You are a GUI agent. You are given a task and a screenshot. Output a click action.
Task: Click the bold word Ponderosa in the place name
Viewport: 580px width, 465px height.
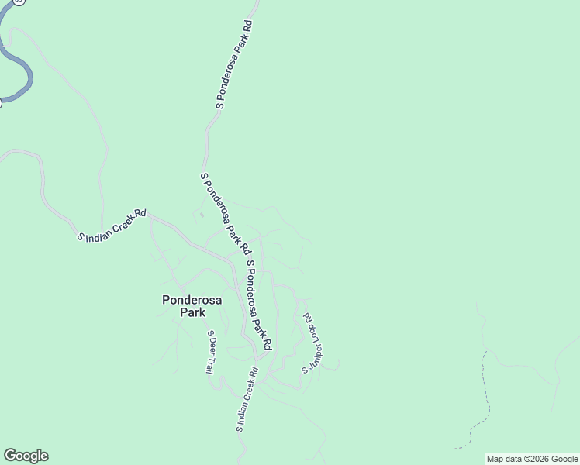pos(192,300)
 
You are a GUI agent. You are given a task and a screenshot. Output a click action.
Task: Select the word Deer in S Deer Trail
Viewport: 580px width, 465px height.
pos(209,348)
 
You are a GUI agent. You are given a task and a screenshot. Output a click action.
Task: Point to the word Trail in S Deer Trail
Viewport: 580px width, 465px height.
pos(209,365)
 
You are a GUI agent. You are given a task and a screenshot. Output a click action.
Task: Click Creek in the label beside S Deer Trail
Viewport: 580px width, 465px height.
pos(247,394)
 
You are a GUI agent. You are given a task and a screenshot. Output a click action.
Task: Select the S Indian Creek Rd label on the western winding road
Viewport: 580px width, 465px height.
pos(112,226)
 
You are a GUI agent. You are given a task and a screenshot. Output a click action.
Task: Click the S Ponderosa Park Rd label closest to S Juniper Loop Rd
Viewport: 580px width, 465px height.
pos(259,305)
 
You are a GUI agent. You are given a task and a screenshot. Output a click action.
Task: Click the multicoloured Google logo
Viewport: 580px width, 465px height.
pos(26,456)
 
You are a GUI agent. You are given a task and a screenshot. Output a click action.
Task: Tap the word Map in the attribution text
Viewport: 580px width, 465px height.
pos(495,459)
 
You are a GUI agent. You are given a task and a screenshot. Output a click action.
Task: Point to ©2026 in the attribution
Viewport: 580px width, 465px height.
pos(535,459)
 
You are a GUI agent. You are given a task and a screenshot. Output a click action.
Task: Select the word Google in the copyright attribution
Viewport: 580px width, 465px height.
pos(564,459)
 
